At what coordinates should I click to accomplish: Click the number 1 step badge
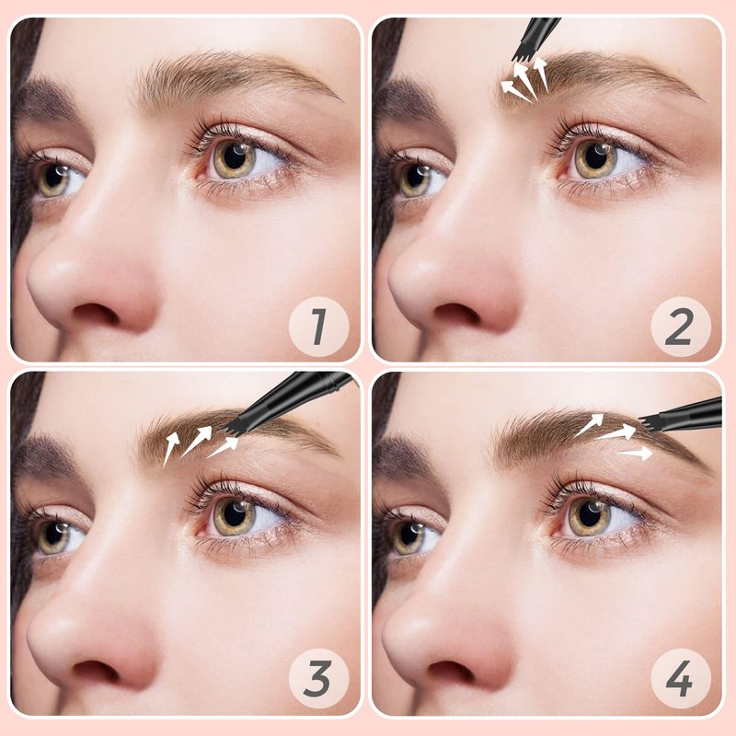tap(318, 327)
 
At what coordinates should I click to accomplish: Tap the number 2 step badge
tap(681, 327)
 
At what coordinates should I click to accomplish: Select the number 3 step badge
tap(318, 679)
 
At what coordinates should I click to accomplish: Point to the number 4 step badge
tap(681, 679)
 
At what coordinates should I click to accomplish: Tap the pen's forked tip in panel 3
tap(231, 426)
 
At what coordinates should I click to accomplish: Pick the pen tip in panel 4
tap(650, 422)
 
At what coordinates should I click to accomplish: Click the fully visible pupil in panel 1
tap(235, 157)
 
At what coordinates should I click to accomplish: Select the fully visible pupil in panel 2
tap(596, 157)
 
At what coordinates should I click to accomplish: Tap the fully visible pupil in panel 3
tap(235, 514)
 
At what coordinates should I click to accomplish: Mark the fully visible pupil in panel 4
tap(590, 514)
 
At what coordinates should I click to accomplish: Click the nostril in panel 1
tap(96, 314)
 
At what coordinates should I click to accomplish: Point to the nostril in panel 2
tap(456, 314)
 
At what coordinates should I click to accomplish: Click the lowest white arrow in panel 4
tap(634, 453)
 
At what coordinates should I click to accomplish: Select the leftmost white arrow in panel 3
tap(171, 449)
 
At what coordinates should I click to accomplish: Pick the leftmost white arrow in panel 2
tap(516, 90)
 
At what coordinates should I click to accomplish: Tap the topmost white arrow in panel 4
tap(588, 425)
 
